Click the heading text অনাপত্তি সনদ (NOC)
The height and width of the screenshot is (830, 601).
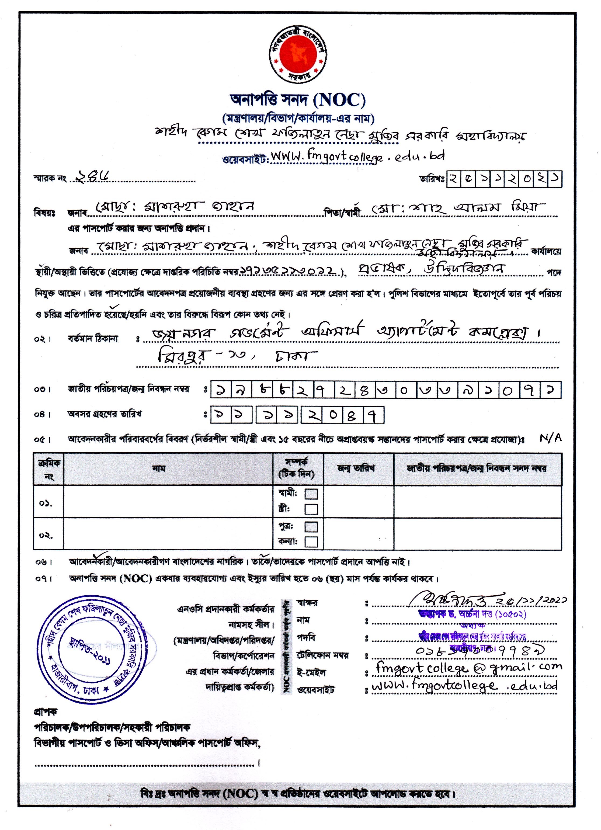pyautogui.click(x=298, y=100)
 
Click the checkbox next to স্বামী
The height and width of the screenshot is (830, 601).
pyautogui.click(x=311, y=494)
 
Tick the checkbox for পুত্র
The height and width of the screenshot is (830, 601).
pyautogui.click(x=311, y=527)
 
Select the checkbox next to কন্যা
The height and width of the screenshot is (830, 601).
pyautogui.click(x=311, y=542)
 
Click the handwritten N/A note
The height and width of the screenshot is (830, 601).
pyautogui.click(x=550, y=438)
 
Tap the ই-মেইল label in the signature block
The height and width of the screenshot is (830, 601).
pyautogui.click(x=311, y=672)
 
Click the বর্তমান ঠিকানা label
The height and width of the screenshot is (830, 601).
pyautogui.click(x=93, y=339)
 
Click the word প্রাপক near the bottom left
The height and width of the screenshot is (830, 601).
pyautogui.click(x=45, y=712)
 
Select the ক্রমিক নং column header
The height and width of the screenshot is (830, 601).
pyautogui.click(x=49, y=469)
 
